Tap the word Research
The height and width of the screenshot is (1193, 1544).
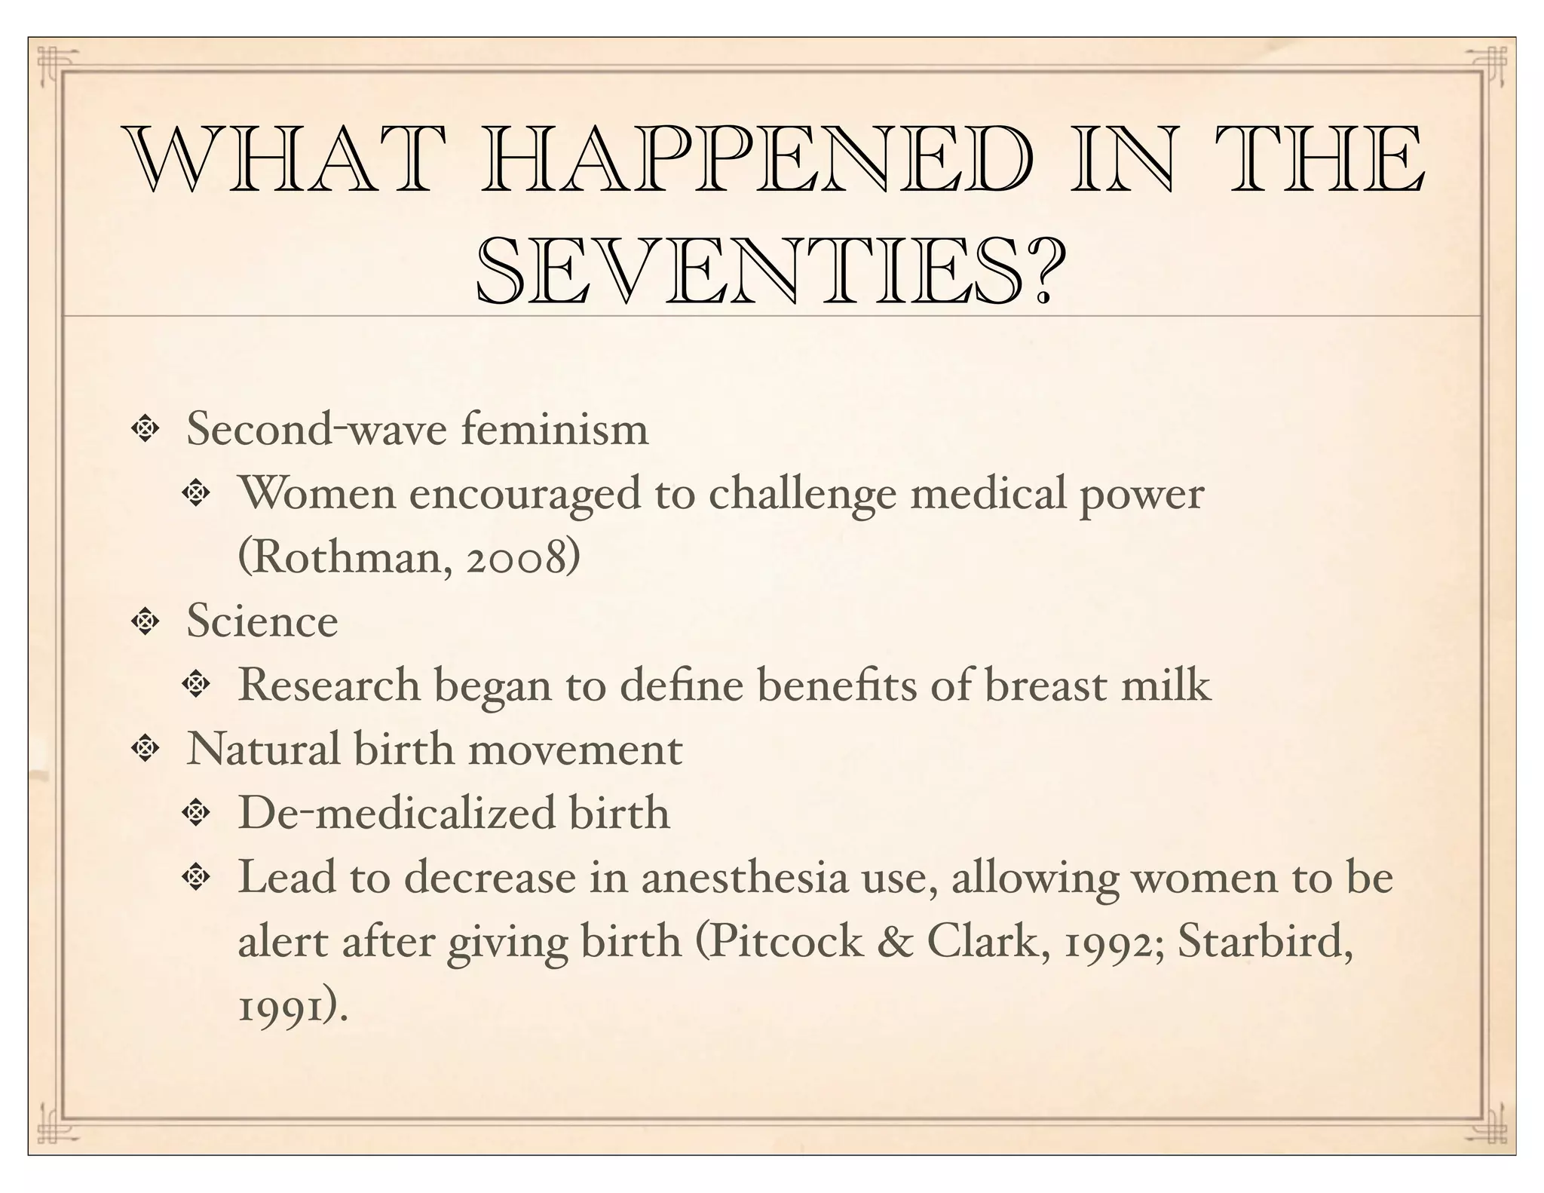click(x=329, y=685)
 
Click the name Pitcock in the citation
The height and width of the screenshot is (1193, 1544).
click(x=787, y=942)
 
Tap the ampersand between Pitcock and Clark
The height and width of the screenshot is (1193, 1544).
click(x=895, y=942)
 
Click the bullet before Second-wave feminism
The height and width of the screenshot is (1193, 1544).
click(x=144, y=429)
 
